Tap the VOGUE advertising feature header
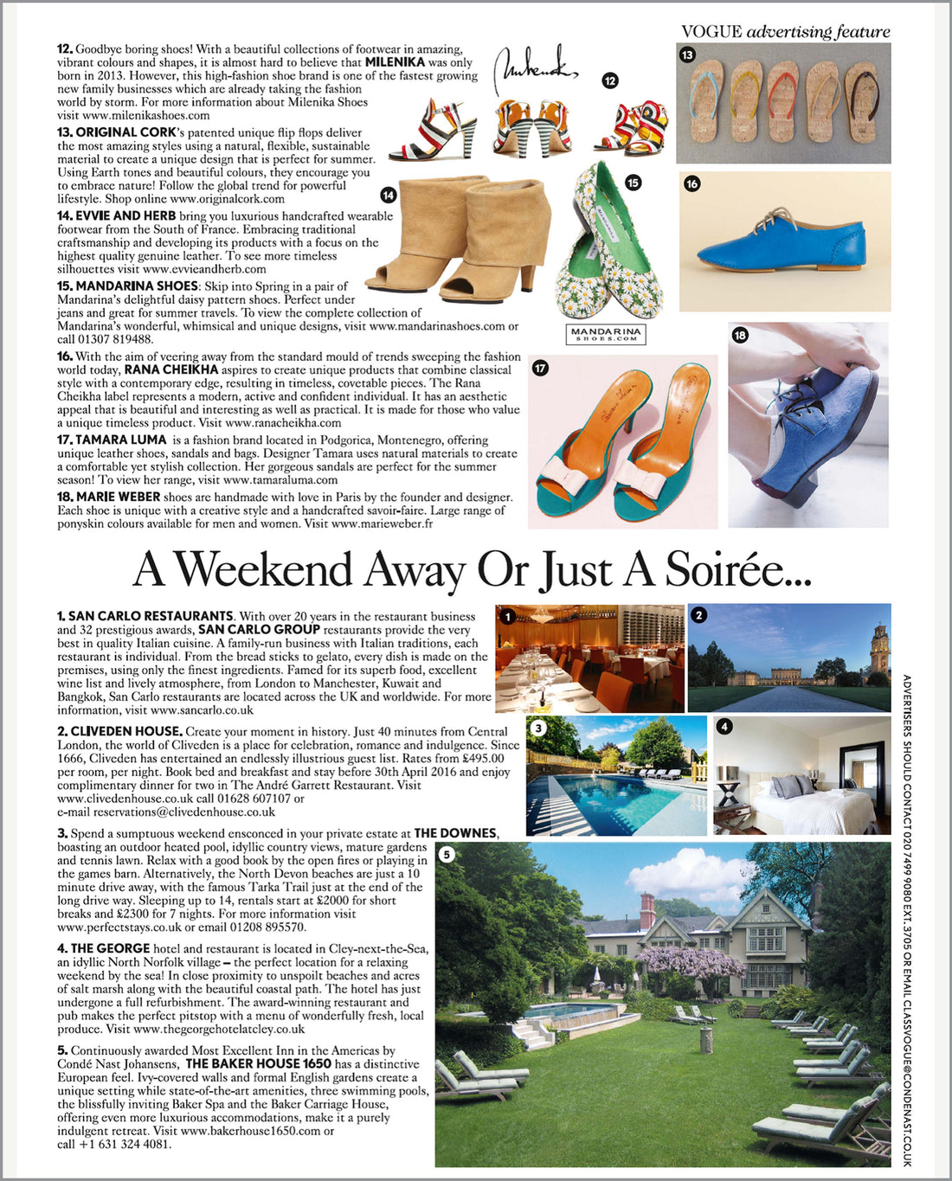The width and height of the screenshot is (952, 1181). [x=785, y=32]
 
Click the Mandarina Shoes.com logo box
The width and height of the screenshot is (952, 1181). [x=607, y=334]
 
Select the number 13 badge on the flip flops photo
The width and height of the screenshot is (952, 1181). [x=687, y=55]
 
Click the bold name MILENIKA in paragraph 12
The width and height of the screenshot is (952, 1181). [x=395, y=62]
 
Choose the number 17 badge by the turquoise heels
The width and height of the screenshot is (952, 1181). [x=540, y=368]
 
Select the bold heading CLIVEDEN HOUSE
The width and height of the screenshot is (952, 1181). [x=125, y=732]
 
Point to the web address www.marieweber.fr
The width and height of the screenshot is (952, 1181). [x=382, y=523]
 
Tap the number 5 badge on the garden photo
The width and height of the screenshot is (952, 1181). [x=446, y=855]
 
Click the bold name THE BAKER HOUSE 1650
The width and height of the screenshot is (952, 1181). [x=258, y=1064]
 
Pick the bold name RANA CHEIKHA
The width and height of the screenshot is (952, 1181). [x=171, y=369]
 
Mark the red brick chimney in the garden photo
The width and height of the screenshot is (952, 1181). [x=647, y=910]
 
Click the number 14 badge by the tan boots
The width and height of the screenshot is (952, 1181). [x=389, y=196]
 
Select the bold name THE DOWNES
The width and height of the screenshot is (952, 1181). [x=455, y=833]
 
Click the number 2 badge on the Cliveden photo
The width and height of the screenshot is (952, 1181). [x=699, y=615]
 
